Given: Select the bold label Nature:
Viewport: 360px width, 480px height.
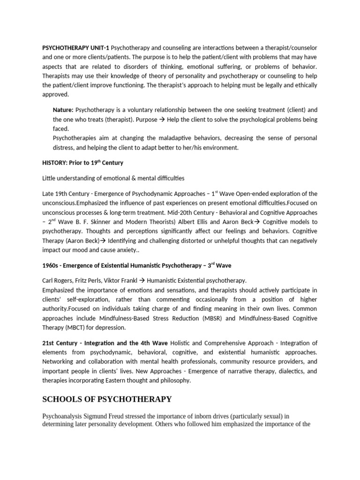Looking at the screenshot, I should tap(63, 110).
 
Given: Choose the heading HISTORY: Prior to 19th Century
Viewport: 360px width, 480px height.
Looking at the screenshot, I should tap(82, 163).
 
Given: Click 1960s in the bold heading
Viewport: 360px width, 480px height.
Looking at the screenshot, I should tap(51, 265).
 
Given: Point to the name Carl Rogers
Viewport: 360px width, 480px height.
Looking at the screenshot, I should tap(59, 280).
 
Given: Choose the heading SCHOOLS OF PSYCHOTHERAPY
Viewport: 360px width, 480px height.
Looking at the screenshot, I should tap(107, 399).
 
